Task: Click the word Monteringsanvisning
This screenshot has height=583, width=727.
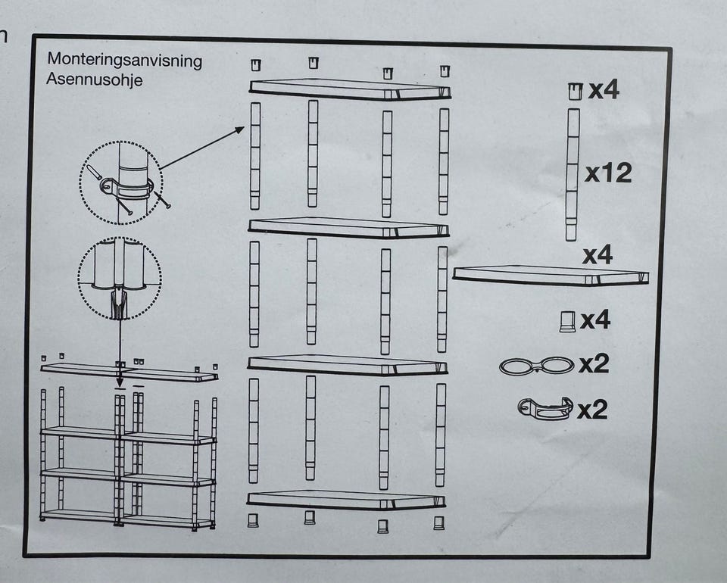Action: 125,61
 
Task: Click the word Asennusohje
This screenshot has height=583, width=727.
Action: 95,79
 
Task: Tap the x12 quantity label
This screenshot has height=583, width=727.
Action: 608,174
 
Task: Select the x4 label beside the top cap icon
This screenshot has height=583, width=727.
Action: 604,91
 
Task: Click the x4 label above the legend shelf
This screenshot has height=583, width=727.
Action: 598,255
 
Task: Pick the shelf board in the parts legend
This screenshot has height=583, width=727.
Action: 551,276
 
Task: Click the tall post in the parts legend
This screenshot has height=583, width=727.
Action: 573,174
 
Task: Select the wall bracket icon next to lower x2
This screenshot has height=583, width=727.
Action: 543,410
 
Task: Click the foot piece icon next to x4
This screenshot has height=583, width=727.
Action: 566,321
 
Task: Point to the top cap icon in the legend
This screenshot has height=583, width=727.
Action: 575,92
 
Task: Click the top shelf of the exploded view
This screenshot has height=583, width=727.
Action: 350,89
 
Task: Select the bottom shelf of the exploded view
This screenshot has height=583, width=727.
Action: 346,500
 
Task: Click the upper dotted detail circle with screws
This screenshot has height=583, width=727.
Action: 121,184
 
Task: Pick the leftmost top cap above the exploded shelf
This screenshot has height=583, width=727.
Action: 255,63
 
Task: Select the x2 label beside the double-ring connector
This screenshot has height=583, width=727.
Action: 594,365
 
